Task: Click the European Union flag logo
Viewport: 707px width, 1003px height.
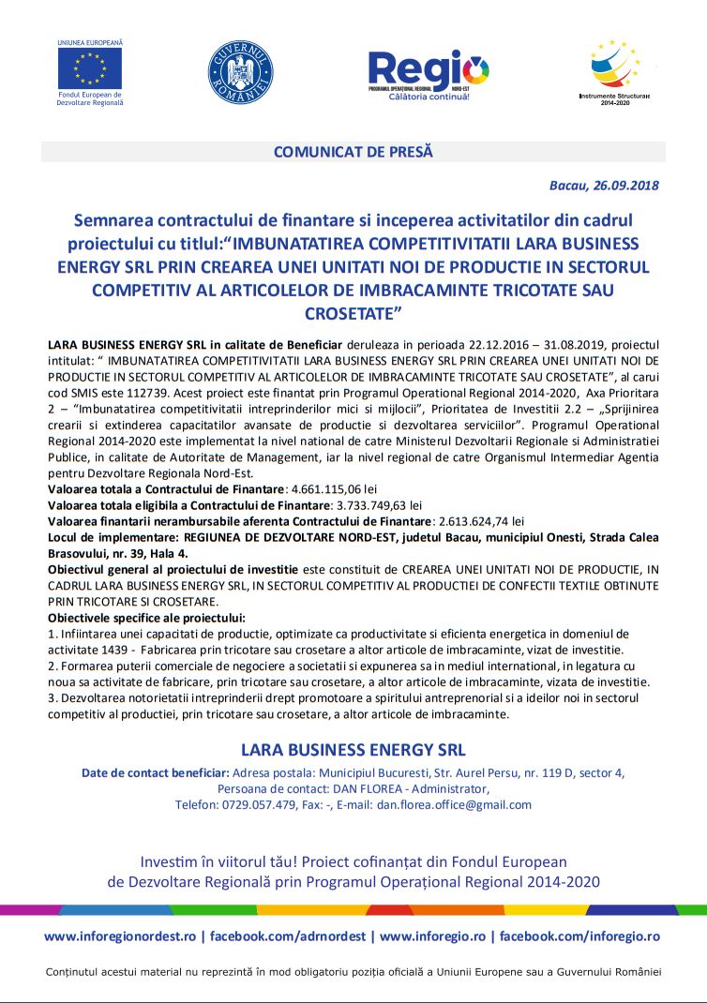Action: coord(89,67)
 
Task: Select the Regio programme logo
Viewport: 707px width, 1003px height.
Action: coord(429,72)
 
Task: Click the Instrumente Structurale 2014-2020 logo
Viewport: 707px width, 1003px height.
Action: coord(615,69)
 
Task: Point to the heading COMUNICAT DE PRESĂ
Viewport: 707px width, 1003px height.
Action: coord(353,151)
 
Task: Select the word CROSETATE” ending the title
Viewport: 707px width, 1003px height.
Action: coord(353,310)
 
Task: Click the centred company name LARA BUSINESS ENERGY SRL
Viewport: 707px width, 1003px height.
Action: coord(353,750)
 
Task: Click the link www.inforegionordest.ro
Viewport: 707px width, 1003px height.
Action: coord(120,936)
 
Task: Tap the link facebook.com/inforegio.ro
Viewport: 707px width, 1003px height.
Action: coord(579,936)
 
